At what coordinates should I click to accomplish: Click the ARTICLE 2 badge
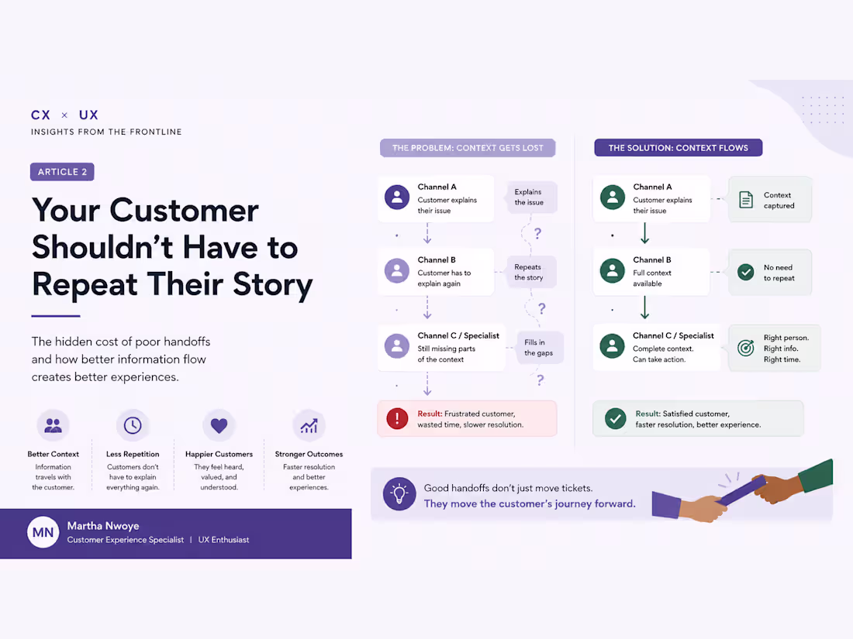(x=62, y=172)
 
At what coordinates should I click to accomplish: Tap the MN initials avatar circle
(x=43, y=532)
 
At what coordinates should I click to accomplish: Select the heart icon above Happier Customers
(x=219, y=425)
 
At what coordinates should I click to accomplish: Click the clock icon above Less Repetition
(x=133, y=425)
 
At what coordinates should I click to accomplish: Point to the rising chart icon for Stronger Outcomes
(x=309, y=426)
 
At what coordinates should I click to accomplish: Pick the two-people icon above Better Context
(x=53, y=425)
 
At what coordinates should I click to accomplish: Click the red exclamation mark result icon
(x=397, y=418)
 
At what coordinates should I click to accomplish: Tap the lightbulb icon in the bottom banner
(x=399, y=494)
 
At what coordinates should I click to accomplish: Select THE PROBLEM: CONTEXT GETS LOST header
(x=468, y=148)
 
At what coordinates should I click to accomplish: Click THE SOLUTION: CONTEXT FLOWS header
(x=679, y=148)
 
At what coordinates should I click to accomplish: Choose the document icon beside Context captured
(x=746, y=200)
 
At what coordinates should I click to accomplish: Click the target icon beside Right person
(x=746, y=348)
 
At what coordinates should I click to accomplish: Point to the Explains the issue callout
(x=530, y=198)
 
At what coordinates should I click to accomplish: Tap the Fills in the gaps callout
(x=539, y=348)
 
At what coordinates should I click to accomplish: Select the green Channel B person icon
(x=613, y=271)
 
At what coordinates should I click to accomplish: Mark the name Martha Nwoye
(x=103, y=525)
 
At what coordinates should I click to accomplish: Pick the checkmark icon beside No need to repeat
(x=746, y=272)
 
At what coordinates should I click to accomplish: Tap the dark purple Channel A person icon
(x=397, y=198)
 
